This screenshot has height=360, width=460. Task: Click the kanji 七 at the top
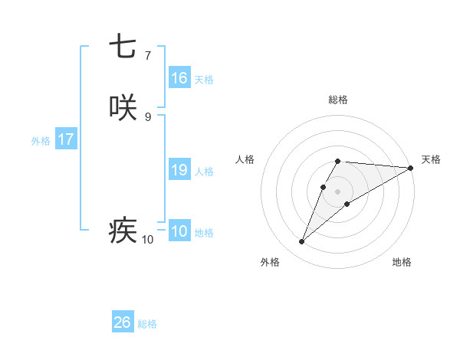pyautogui.click(x=123, y=47)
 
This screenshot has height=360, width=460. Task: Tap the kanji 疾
pyautogui.click(x=123, y=231)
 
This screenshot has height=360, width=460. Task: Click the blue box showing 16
pyautogui.click(x=179, y=78)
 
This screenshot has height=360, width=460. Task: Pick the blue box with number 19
pyautogui.click(x=179, y=170)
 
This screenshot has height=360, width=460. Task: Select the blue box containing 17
pyautogui.click(x=66, y=140)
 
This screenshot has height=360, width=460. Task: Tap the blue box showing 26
pyautogui.click(x=123, y=322)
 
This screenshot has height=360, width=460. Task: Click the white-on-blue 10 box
pyautogui.click(x=179, y=231)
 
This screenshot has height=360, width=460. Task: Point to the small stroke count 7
pyautogui.click(x=147, y=56)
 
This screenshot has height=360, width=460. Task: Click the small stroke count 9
pyautogui.click(x=147, y=117)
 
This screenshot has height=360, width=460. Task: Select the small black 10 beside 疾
pyautogui.click(x=147, y=240)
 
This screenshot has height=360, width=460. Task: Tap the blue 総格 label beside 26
pyautogui.click(x=147, y=324)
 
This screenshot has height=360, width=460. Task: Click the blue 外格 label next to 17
pyautogui.click(x=41, y=141)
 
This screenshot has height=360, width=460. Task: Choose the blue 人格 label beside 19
pyautogui.click(x=204, y=172)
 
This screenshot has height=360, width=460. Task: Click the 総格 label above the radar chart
pyautogui.click(x=338, y=100)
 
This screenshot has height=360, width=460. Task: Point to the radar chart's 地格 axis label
pyautogui.click(x=402, y=262)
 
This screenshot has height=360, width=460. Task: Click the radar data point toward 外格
pyautogui.click(x=302, y=242)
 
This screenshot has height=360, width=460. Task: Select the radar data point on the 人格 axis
pyautogui.click(x=324, y=187)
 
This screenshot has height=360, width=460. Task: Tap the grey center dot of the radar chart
pyautogui.click(x=338, y=191)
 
